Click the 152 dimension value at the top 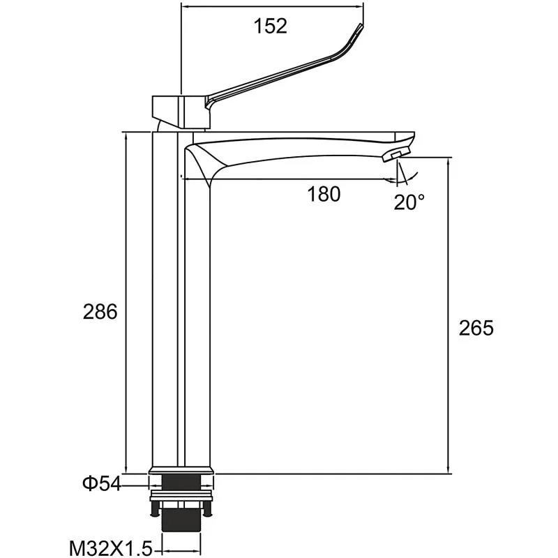point(271,26)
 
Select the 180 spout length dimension point(324,195)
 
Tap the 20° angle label point(409,202)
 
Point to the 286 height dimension point(100,312)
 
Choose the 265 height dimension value point(476,328)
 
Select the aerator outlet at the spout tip point(398,153)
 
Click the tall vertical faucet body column point(181,314)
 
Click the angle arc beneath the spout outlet point(412,176)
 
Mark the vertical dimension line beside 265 point(447,314)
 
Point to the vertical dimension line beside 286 point(126,300)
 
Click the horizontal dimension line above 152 point(272,8)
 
